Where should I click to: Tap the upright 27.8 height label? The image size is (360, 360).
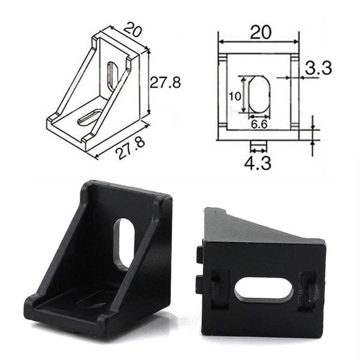[165, 83]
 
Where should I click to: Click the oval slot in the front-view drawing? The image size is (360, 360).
[259, 94]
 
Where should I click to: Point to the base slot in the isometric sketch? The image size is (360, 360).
[89, 116]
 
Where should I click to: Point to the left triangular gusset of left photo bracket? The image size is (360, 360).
[63, 252]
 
